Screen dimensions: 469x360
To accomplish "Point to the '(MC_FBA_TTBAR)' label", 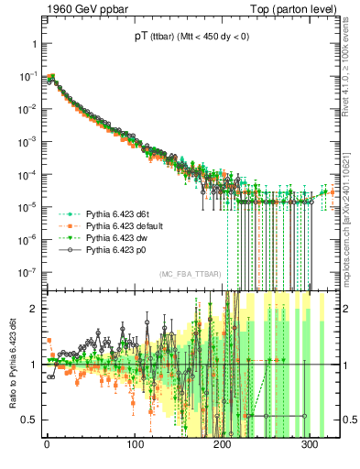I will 190,274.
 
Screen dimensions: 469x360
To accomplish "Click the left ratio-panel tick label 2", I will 32,309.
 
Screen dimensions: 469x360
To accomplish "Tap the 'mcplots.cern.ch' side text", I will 352,211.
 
